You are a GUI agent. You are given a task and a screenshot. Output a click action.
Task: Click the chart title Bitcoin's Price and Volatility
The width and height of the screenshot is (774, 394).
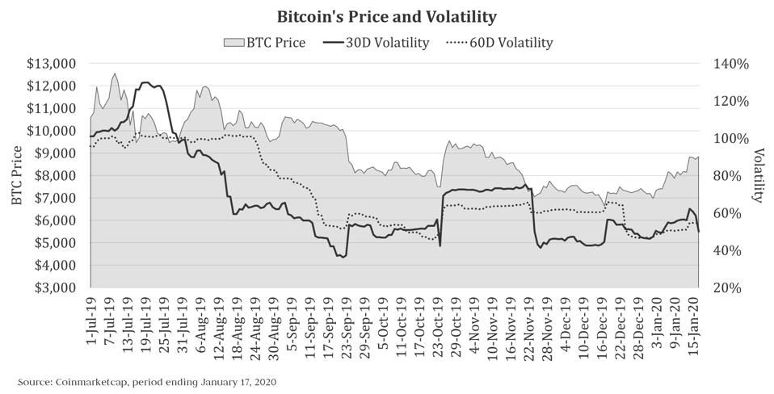386,16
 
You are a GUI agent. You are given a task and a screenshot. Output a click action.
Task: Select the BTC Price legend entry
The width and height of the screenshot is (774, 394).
264,43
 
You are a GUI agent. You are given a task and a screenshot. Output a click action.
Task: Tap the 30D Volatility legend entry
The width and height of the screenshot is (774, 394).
376,43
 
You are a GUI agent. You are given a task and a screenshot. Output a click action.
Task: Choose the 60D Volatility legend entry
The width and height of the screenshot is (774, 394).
500,43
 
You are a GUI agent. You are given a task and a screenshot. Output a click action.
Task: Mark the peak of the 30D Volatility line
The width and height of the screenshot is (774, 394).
145,82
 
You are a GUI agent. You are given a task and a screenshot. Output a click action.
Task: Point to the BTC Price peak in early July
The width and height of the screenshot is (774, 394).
115,73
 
